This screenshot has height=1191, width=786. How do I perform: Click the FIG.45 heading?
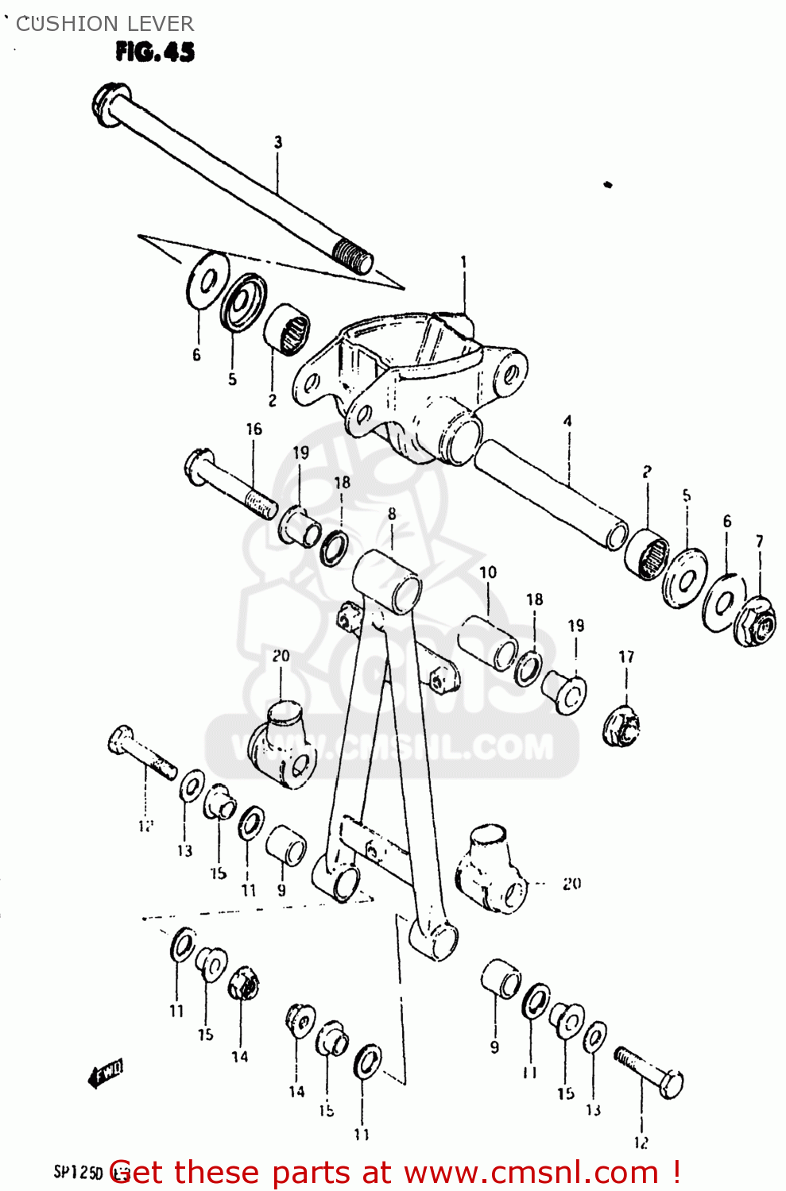tap(155, 52)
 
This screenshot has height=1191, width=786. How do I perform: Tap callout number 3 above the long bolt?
tap(278, 143)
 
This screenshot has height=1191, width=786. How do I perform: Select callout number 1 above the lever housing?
tap(463, 262)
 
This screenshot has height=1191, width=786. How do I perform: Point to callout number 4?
tap(567, 422)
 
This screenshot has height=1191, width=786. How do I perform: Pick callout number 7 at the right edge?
tap(760, 542)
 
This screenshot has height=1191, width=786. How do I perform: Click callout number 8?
tap(392, 515)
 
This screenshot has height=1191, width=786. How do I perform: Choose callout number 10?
tap(488, 572)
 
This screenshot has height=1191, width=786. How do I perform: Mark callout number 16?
tap(254, 430)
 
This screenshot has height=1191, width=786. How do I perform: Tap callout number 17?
tap(626, 657)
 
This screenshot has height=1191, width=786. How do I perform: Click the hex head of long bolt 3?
tap(107, 99)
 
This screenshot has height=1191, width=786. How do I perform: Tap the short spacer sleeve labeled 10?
tap(487, 641)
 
